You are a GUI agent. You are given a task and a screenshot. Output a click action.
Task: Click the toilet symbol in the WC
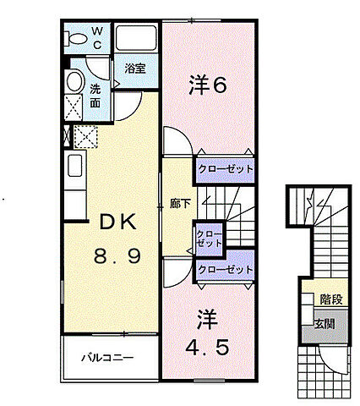[77, 37]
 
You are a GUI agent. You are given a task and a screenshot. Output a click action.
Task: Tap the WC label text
[97, 38]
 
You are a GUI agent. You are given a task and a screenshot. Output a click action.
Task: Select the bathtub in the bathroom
[136, 39]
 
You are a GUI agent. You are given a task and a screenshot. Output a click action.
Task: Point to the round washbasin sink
[74, 83]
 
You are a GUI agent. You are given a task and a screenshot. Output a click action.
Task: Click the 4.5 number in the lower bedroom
[207, 347]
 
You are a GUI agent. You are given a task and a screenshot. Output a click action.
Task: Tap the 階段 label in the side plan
[330, 299]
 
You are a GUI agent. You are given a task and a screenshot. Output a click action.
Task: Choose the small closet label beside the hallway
[209, 238]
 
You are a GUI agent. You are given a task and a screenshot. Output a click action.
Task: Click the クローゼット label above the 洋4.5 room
[225, 270]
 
